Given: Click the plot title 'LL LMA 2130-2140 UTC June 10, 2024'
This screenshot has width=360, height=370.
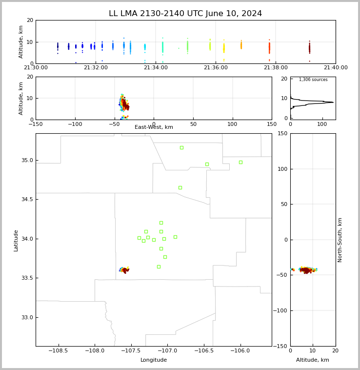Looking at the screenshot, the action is [185, 14].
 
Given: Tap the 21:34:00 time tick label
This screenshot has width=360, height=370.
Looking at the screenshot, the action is [156, 68].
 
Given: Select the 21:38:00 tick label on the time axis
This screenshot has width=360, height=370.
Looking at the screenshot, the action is [276, 68].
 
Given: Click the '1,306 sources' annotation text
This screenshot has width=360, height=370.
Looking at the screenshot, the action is [313, 80].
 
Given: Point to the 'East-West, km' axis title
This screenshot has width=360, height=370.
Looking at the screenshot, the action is [154, 127].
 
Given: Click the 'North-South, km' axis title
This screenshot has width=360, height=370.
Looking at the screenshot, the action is [340, 240].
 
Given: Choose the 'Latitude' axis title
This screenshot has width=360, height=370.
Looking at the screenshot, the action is [16, 241].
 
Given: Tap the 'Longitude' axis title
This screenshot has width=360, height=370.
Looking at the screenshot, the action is [154, 360].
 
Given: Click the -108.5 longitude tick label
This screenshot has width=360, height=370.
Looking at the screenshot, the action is [58, 350].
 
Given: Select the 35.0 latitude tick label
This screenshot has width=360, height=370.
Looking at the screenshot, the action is [27, 161].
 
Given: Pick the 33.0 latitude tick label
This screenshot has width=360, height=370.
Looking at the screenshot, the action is [27, 318].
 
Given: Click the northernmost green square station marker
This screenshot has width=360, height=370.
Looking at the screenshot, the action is [181, 148].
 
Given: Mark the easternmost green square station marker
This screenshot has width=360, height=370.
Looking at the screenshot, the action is [240, 163].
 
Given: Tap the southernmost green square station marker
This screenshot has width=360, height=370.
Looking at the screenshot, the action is [159, 267].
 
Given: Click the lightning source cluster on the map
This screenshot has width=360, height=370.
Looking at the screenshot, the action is [124, 270].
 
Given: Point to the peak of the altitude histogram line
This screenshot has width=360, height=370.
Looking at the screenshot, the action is [333, 102].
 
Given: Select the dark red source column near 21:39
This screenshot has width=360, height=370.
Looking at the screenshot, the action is [310, 48].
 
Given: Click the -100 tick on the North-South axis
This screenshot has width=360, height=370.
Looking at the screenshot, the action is [279, 310].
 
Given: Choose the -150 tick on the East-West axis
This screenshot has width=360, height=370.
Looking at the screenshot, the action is [36, 124].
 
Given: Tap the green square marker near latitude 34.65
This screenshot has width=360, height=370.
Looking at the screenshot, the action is [180, 187].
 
